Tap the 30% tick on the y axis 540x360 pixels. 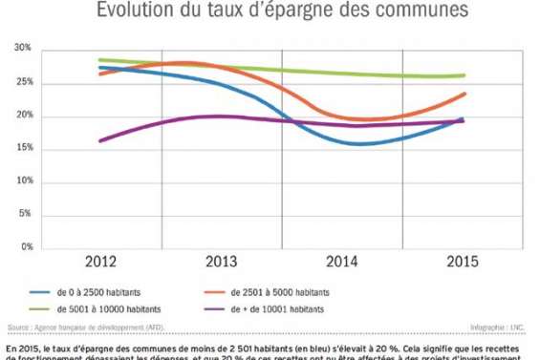[24, 49]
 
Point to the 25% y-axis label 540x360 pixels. [24, 82]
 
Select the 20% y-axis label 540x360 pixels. [24, 116]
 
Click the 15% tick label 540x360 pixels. [24, 148]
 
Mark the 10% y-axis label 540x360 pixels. [24, 181]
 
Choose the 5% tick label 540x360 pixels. [26, 214]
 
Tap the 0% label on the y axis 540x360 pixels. [26, 246]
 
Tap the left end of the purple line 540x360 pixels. [99, 140]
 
